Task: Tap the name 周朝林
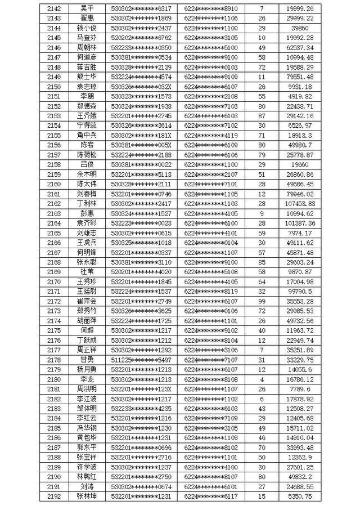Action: point(87,48)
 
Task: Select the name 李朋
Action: point(87,96)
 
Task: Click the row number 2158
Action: point(54,164)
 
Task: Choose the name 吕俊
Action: point(87,164)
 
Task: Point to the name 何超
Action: point(87,330)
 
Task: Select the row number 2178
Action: point(54,359)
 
